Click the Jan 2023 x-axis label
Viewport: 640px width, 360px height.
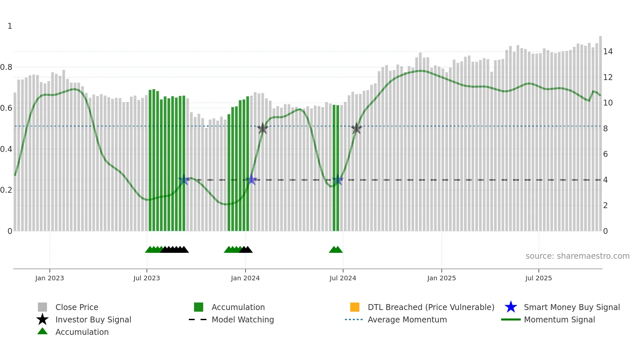(x=50, y=278)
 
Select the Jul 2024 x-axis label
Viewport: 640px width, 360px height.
(x=343, y=278)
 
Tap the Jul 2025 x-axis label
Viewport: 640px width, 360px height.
(x=538, y=278)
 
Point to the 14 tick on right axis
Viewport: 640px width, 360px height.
(x=608, y=52)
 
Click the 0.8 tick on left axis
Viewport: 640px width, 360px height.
(x=6, y=67)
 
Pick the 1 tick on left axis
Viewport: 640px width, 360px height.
(x=10, y=26)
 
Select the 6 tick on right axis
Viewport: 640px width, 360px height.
(x=605, y=154)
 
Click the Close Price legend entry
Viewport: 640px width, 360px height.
(x=77, y=307)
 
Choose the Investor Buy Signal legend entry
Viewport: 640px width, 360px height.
(x=93, y=319)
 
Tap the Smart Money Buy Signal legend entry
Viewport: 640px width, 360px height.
(x=572, y=307)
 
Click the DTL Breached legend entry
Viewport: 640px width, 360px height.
(x=431, y=307)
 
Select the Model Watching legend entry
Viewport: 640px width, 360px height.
(x=243, y=319)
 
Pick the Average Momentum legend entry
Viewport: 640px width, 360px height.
(x=407, y=319)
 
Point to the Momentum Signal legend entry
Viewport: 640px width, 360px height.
(x=559, y=319)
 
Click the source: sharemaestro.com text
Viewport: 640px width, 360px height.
(x=577, y=256)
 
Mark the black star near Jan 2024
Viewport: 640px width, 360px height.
(x=263, y=128)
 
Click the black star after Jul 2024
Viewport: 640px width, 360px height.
(x=357, y=128)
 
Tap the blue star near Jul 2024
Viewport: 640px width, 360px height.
(x=337, y=180)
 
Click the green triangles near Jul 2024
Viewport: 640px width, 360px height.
(x=336, y=250)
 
